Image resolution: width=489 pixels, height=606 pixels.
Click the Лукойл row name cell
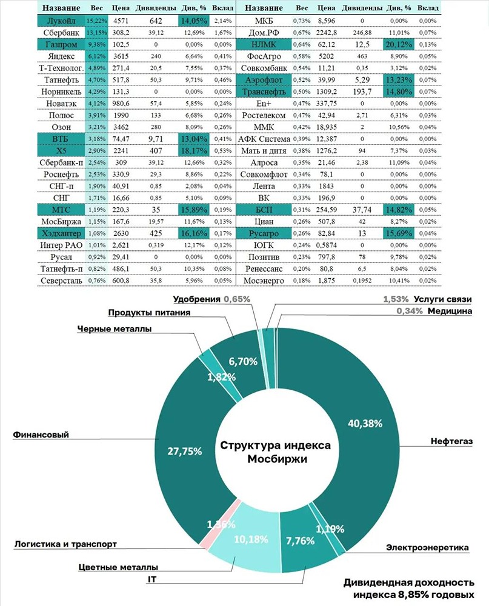click(61, 21)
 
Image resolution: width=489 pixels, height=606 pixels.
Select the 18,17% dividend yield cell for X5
click(194, 150)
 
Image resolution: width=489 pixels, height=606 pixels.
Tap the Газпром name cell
click(61, 44)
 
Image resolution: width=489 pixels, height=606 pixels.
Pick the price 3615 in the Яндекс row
click(121, 56)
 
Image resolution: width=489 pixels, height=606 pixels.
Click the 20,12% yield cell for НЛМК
click(399, 44)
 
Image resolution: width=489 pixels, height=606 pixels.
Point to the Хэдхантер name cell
click(61, 233)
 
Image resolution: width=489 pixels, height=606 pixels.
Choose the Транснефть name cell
click(264, 92)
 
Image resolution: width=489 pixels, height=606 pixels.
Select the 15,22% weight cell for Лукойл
click(96, 21)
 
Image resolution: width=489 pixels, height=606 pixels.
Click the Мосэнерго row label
click(264, 281)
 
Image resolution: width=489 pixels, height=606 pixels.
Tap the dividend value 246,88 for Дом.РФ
click(362, 33)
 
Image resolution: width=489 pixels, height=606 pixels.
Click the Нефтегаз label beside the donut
click(451, 441)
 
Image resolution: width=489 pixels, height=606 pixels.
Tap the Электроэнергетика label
click(427, 547)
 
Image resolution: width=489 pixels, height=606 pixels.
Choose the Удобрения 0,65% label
click(211, 299)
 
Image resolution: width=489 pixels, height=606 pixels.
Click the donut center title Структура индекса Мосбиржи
click(275, 452)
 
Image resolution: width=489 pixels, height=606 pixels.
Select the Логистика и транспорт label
click(65, 544)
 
